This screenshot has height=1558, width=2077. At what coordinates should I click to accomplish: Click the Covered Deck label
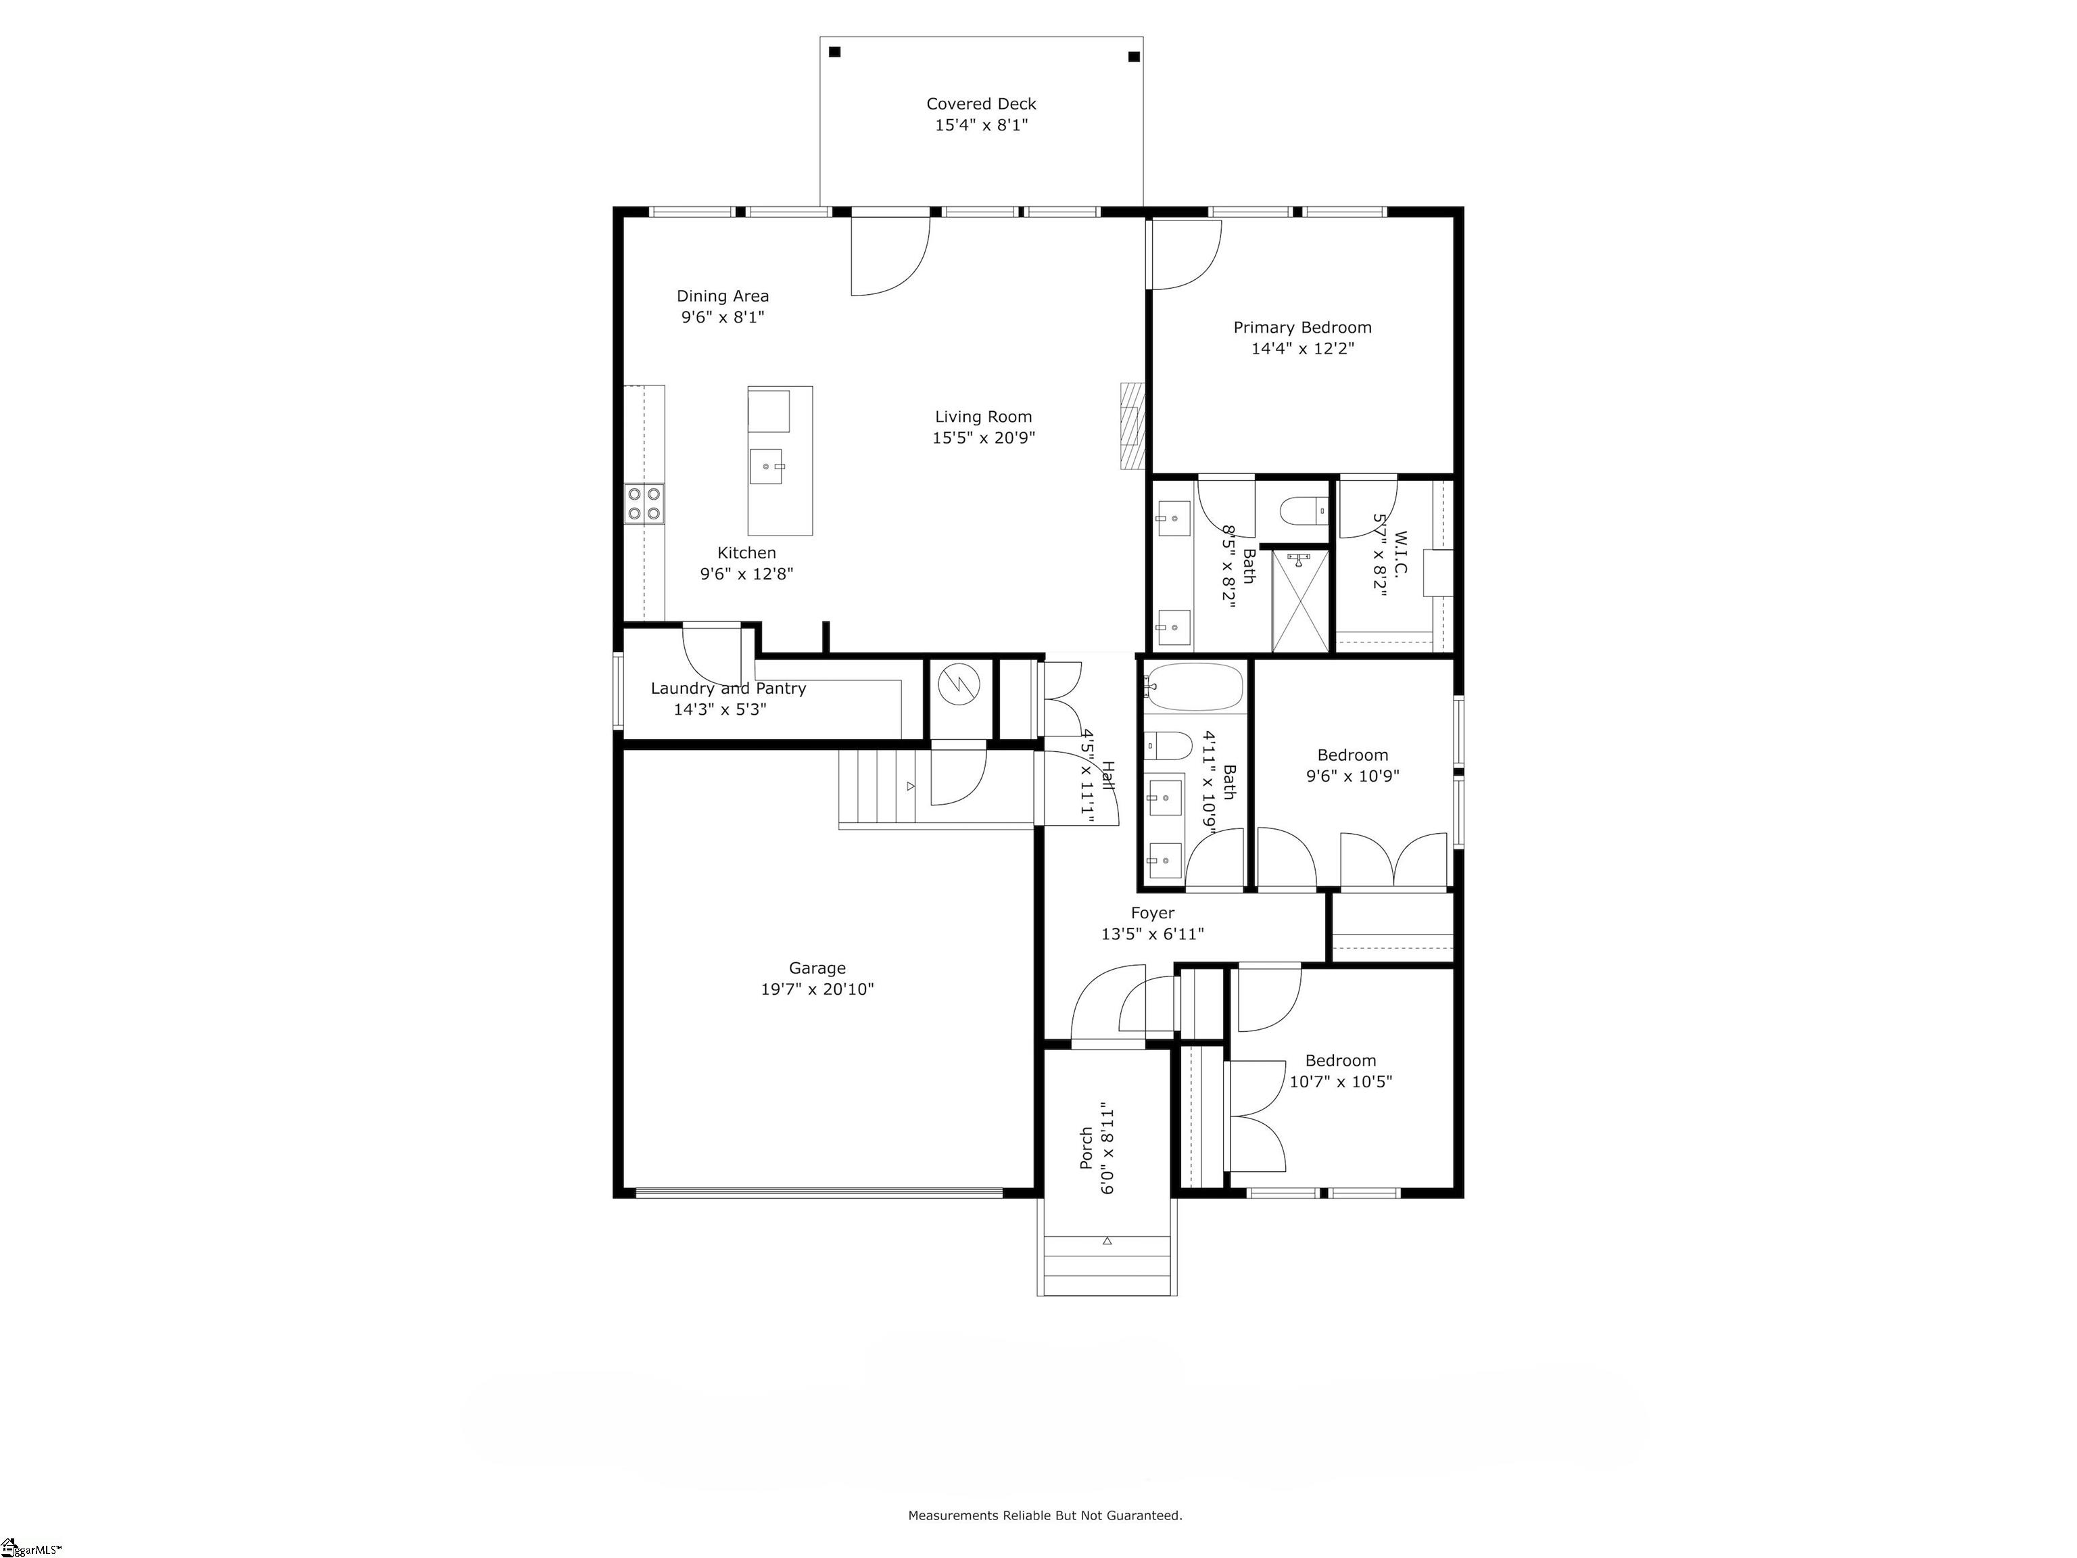(x=981, y=104)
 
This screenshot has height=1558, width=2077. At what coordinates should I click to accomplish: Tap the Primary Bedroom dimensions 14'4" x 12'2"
(x=1302, y=348)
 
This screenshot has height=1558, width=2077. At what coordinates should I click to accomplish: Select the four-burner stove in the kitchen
(x=644, y=502)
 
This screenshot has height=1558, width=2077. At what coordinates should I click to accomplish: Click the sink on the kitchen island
(x=765, y=466)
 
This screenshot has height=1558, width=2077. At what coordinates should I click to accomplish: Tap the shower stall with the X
(x=1300, y=600)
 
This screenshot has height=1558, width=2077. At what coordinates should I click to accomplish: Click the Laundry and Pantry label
(x=729, y=688)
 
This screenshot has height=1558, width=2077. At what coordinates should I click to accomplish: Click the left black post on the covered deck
(x=835, y=51)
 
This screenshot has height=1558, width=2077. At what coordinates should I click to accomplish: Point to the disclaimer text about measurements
(x=1045, y=1515)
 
